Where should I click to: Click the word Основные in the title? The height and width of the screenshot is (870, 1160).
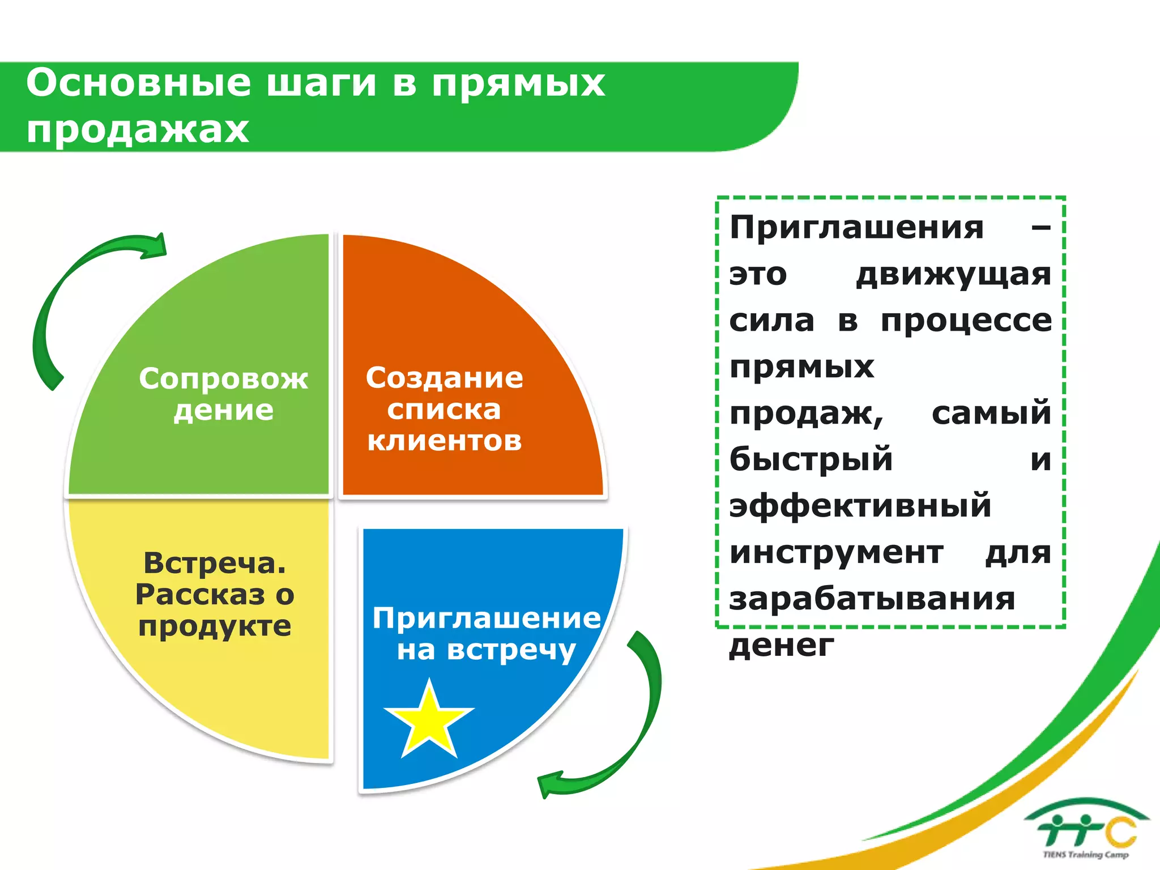pos(138,83)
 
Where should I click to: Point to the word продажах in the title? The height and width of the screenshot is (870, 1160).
pos(138,129)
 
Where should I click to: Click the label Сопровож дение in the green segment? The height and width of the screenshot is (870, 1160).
pos(223,394)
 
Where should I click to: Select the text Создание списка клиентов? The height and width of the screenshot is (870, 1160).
pos(444,409)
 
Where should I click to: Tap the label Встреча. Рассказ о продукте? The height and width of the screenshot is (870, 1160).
pos(215,594)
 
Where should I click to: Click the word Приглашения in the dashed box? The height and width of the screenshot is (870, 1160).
pos(856,228)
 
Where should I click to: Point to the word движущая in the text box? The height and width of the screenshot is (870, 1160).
pos(953,275)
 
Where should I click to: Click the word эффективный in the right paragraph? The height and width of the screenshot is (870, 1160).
pos(860,506)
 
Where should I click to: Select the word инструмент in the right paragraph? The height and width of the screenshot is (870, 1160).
pos(836,552)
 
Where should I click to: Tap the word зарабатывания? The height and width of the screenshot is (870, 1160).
pos(872,599)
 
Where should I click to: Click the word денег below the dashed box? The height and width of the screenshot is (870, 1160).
pos(782,645)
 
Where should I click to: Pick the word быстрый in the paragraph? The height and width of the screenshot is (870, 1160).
pos(811,459)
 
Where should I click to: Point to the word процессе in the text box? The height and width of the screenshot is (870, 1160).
pos(966,321)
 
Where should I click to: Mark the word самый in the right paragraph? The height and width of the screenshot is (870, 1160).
pos(991,413)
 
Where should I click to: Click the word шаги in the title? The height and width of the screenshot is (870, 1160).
pos(321,83)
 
